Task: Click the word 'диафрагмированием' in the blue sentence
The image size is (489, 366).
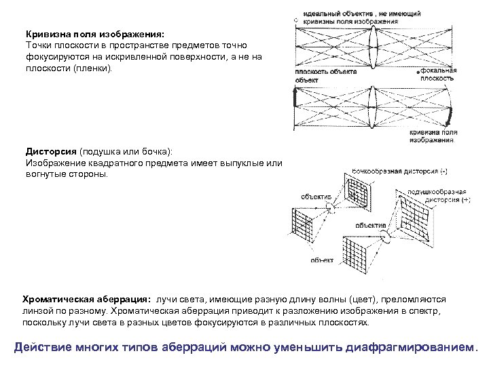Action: pos(414,347)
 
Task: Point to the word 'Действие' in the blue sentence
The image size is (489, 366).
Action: pos(43,347)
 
